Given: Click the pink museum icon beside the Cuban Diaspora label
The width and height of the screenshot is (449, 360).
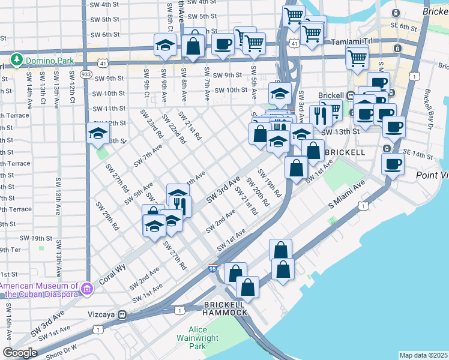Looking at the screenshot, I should click(87, 290).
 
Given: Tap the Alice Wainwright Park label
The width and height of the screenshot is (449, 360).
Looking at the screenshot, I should click(205, 338).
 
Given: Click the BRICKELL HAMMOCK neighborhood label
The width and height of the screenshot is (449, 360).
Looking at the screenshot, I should click(224, 308).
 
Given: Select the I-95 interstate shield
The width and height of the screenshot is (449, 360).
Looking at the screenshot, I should click(213, 269).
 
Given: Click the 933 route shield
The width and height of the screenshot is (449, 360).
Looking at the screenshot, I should click(86, 74).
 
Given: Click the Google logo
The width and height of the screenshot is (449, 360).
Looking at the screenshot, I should click(20, 353).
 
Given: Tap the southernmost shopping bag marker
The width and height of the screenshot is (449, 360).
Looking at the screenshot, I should click(247, 287).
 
